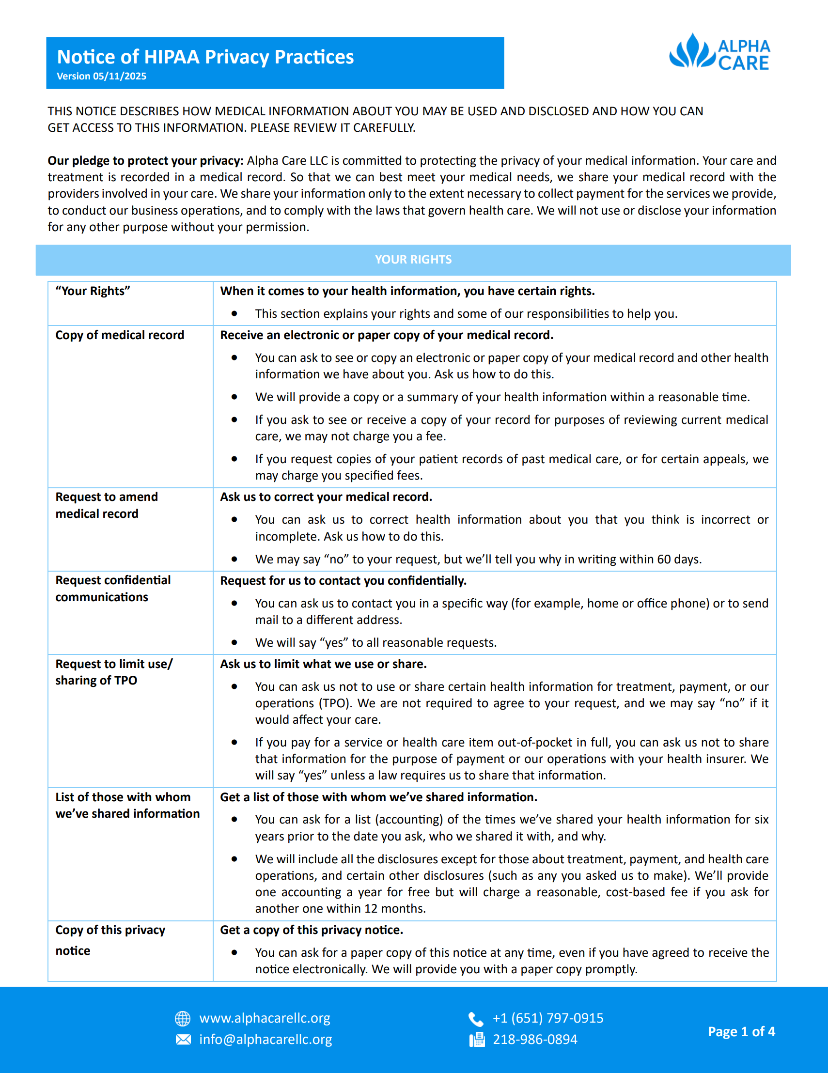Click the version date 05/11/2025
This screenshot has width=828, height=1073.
(119, 76)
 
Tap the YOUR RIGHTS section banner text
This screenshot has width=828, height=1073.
(413, 259)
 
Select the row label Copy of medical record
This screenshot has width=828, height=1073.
(119, 335)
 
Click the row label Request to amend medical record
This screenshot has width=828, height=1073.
(107, 505)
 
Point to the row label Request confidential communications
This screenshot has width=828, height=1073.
(113, 589)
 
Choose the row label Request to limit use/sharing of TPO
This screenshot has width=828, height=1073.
(113, 672)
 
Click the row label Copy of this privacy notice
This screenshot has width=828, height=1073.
(110, 939)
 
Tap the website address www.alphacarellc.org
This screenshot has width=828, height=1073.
(265, 1018)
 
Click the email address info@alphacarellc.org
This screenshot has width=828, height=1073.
(266, 1040)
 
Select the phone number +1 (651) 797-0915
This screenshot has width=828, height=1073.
(548, 1018)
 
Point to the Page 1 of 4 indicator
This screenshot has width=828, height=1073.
(741, 1031)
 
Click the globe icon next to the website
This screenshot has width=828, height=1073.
(183, 1018)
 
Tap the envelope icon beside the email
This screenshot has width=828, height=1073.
(183, 1040)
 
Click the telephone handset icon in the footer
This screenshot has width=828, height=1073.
(476, 1019)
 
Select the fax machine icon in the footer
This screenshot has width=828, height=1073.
(477, 1040)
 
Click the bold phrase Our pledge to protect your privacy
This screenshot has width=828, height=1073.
(145, 161)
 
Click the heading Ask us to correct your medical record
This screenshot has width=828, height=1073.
(326, 497)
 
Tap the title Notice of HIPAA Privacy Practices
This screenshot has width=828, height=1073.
(205, 57)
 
